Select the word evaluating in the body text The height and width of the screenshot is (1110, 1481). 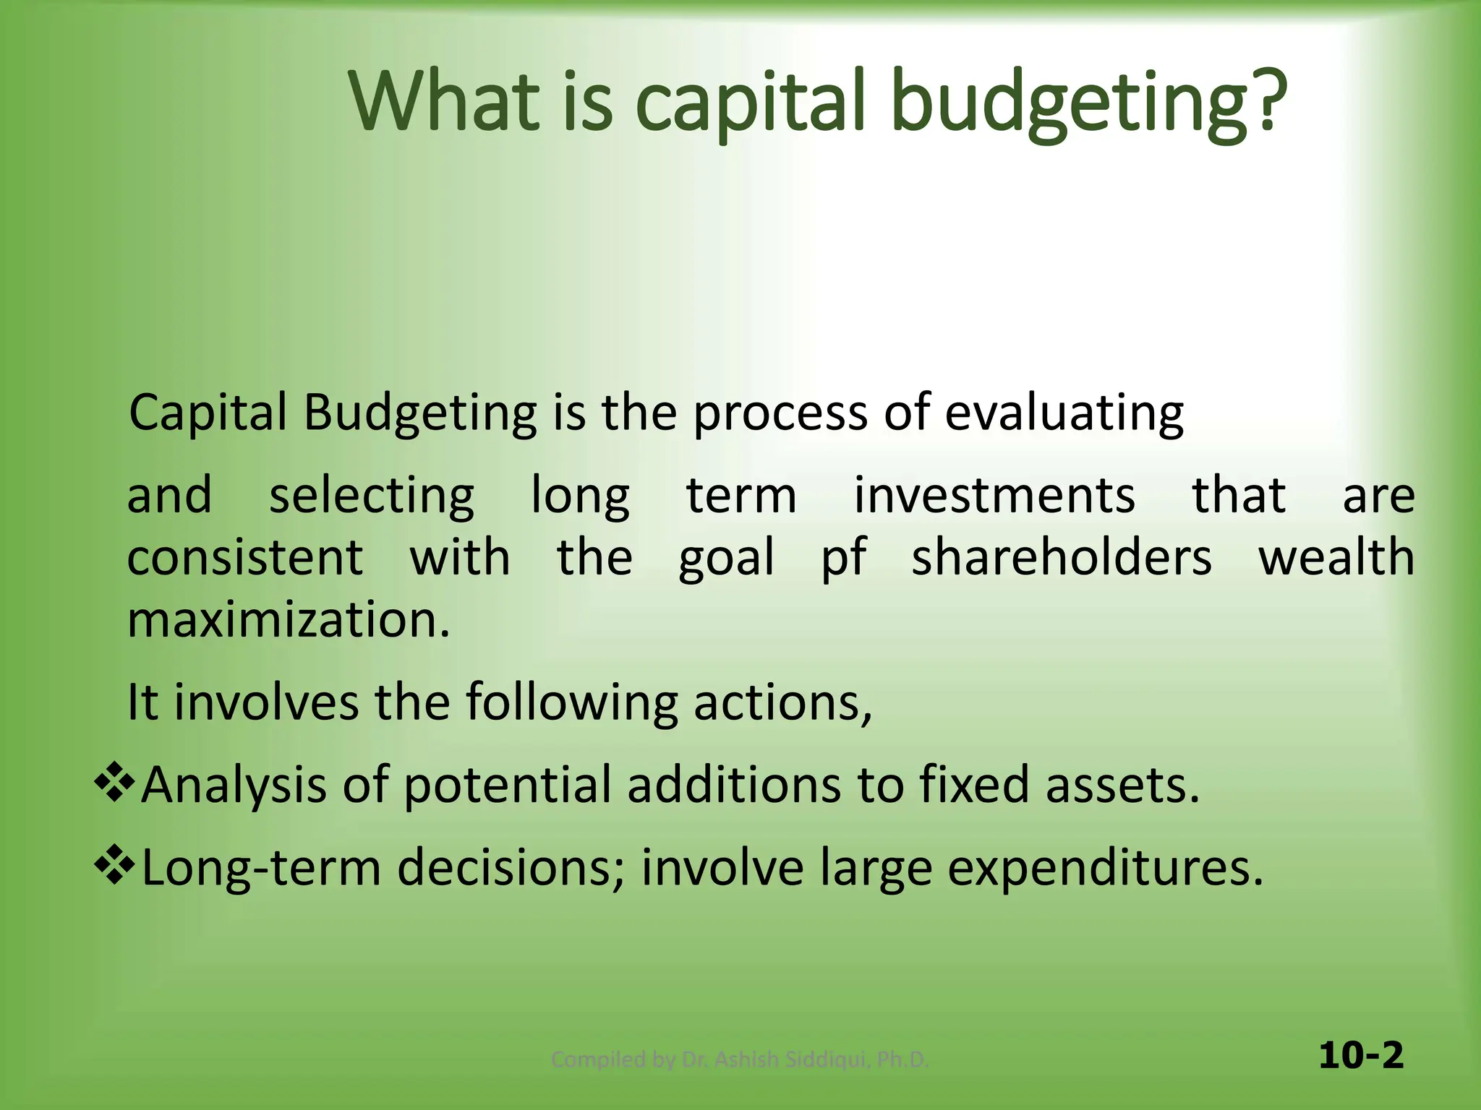coord(1064,414)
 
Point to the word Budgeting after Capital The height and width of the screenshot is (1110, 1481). coord(419,414)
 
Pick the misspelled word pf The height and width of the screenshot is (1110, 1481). coord(843,559)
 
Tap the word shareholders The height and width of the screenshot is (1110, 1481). coord(1061,558)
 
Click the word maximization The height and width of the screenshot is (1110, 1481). coord(289,620)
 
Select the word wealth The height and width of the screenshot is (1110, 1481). coord(1336,558)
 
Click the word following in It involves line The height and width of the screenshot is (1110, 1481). coord(571,703)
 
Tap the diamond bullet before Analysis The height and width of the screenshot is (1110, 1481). coord(115,783)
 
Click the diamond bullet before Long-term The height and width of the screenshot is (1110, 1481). coord(115,866)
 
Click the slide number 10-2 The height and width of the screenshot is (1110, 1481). coord(1360,1056)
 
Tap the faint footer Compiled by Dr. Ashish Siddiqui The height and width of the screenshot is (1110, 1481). coord(739,1059)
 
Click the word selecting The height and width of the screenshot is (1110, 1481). coord(372,497)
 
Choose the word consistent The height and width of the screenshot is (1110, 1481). coord(245,558)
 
